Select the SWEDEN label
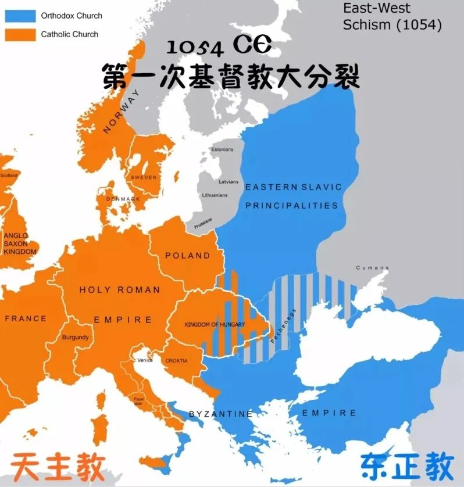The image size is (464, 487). [x=144, y=177]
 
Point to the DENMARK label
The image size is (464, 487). [x=123, y=199]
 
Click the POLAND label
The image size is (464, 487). [x=187, y=256]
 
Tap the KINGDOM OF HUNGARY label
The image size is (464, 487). [x=215, y=324]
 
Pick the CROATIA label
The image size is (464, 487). [x=176, y=361]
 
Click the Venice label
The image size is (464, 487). [x=145, y=360]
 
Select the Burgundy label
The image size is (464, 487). [x=76, y=337]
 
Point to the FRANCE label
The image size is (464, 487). [x=25, y=318]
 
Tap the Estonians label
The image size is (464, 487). [x=222, y=149]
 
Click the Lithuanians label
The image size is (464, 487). [x=215, y=195]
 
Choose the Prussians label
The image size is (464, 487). [x=203, y=222]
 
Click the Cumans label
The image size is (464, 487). [x=372, y=268]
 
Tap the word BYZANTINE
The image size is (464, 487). [x=220, y=414]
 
